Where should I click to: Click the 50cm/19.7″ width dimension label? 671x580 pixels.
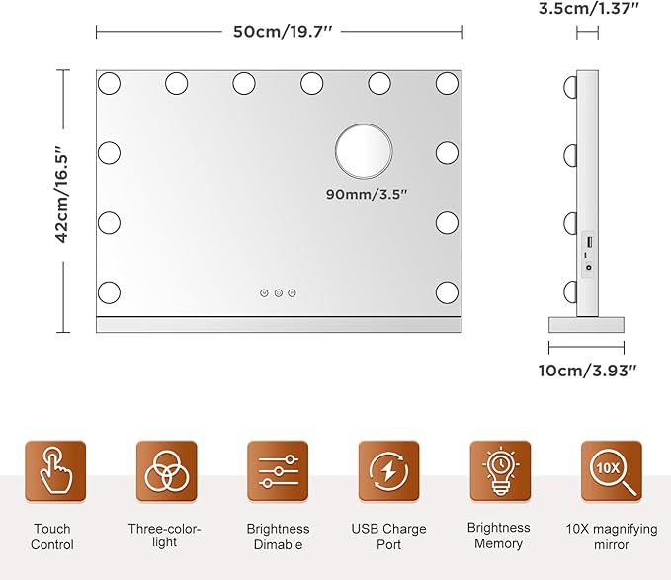(x=283, y=32)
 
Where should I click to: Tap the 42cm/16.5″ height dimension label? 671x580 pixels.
(x=62, y=195)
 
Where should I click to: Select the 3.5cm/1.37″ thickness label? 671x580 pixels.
(x=588, y=8)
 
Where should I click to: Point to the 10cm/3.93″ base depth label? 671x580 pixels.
(x=588, y=370)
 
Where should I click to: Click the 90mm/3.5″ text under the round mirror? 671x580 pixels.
(x=367, y=194)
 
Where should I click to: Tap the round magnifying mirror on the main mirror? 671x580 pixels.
(x=364, y=151)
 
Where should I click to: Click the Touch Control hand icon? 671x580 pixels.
(x=55, y=471)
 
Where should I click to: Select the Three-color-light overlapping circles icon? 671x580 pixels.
(x=166, y=471)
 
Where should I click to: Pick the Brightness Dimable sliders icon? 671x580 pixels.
(x=278, y=471)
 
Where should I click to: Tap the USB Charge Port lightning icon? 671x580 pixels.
(x=389, y=471)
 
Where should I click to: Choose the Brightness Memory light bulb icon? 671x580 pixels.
(x=500, y=471)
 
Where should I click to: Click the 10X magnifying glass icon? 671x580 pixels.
(x=612, y=471)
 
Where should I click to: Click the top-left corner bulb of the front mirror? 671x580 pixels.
(x=109, y=83)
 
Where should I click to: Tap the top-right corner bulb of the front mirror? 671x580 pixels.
(x=448, y=83)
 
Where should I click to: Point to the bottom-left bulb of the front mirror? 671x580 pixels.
(x=109, y=292)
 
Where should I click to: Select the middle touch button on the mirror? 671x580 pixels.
(x=278, y=293)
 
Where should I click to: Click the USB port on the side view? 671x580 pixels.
(x=589, y=242)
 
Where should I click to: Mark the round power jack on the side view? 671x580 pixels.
(x=589, y=268)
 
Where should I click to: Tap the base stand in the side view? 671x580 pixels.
(x=586, y=325)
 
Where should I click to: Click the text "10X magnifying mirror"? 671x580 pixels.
(x=612, y=537)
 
